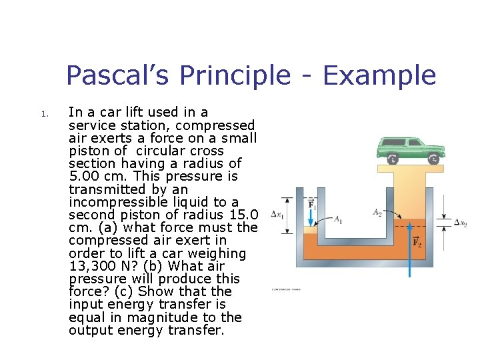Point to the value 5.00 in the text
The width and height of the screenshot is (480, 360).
[85, 176]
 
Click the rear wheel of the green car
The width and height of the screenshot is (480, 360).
[393, 159]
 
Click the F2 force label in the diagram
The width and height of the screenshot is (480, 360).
[417, 243]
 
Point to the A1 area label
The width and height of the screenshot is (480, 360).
[338, 219]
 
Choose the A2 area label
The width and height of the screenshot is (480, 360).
[377, 213]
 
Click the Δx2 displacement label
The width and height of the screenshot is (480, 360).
[460, 223]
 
